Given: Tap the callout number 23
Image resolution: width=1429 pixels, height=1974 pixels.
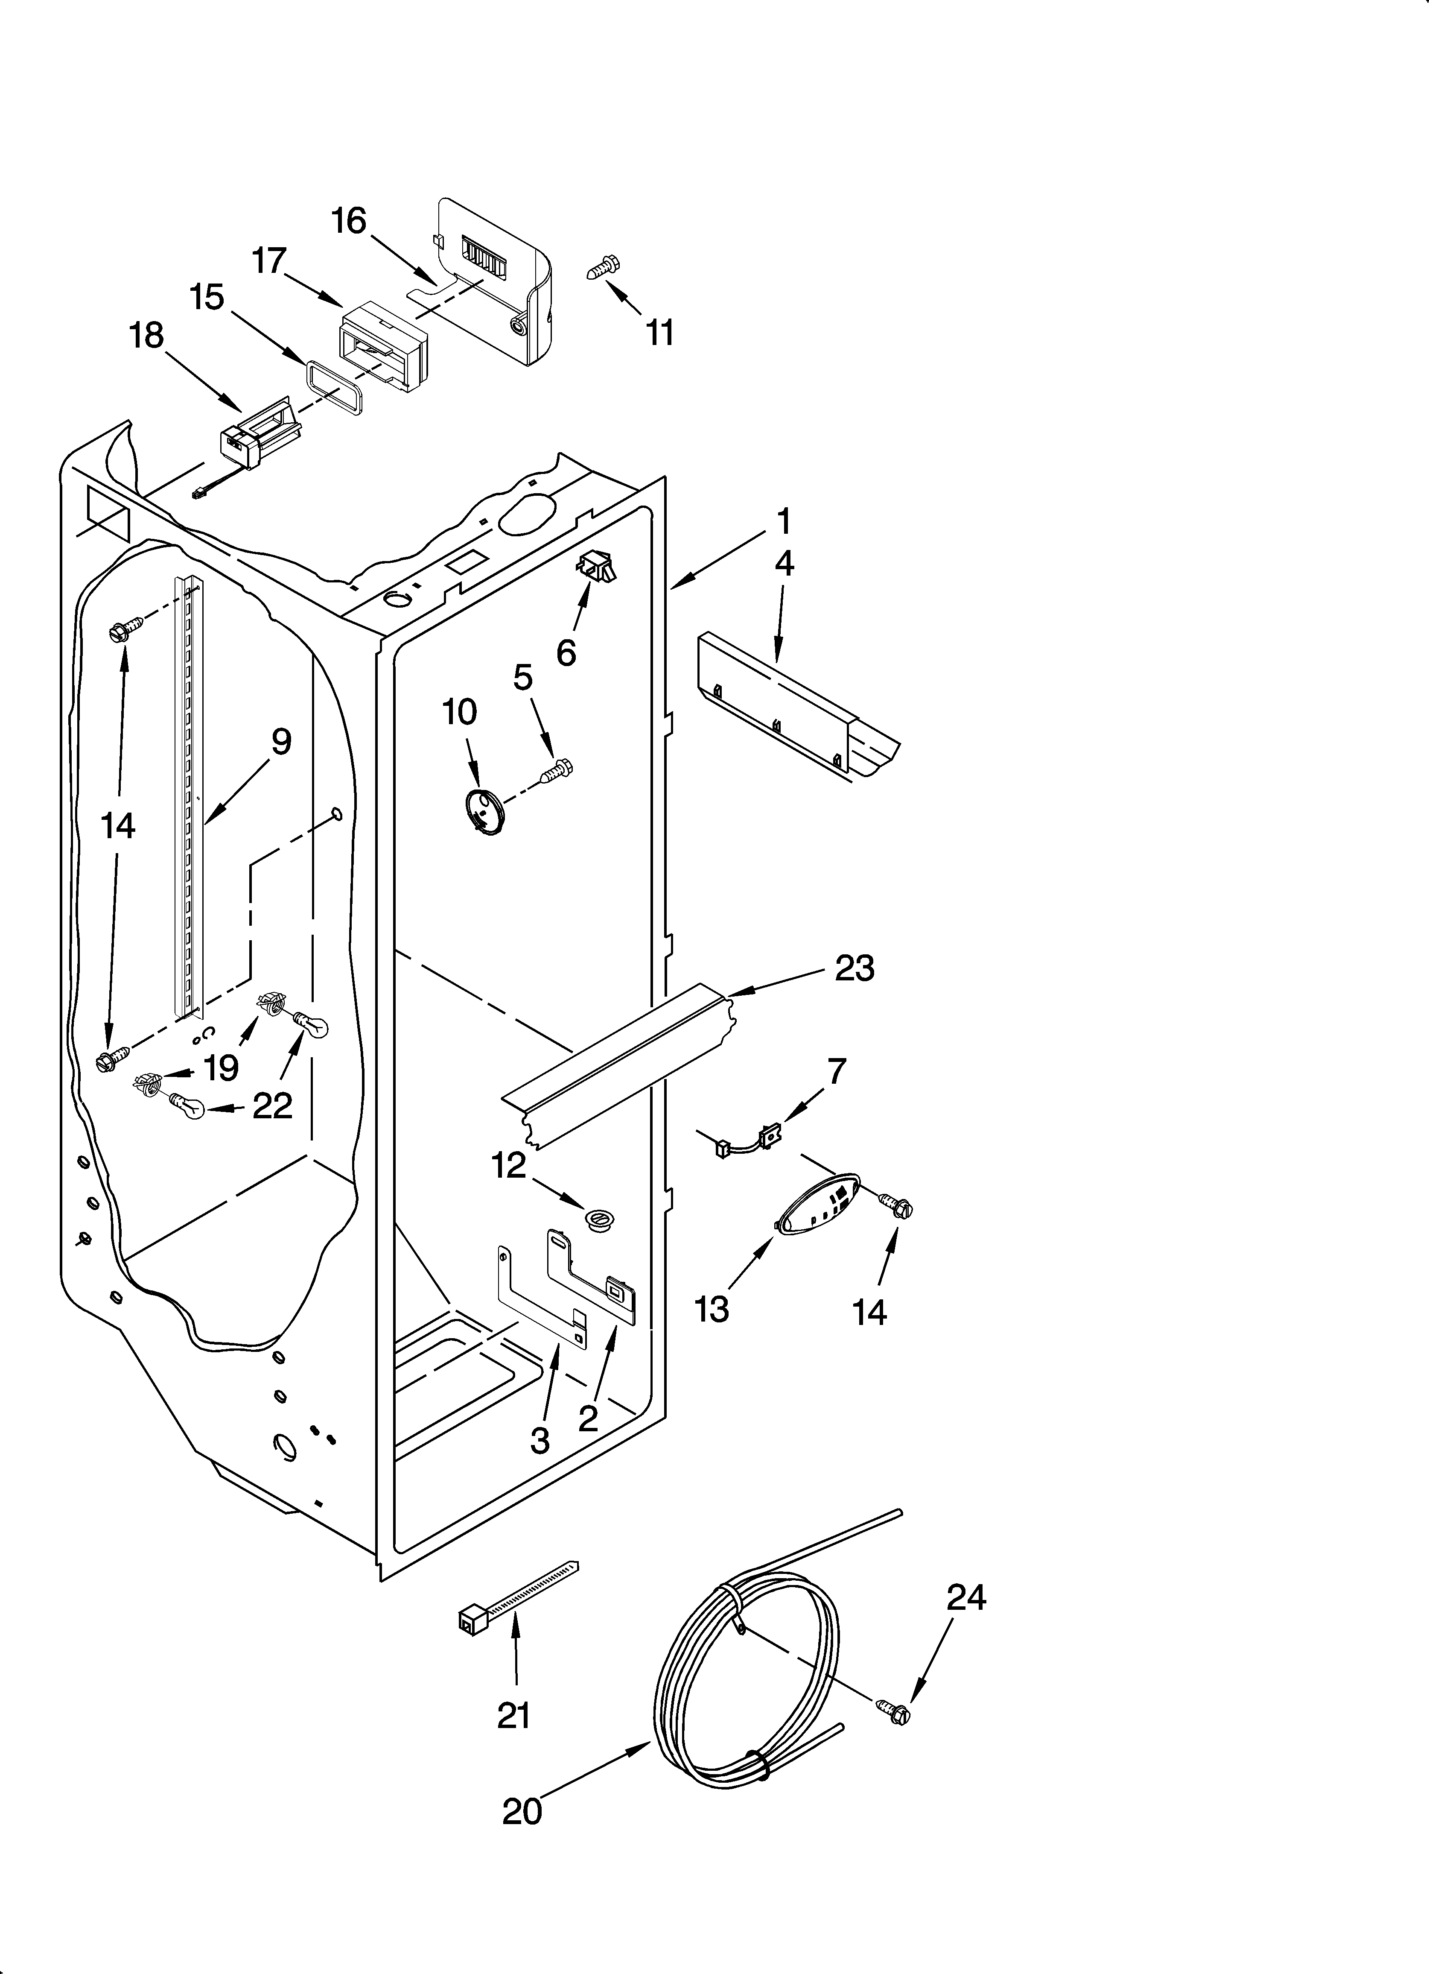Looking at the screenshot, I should click(x=854, y=968).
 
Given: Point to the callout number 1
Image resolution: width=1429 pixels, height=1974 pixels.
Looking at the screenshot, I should click(x=783, y=521).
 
